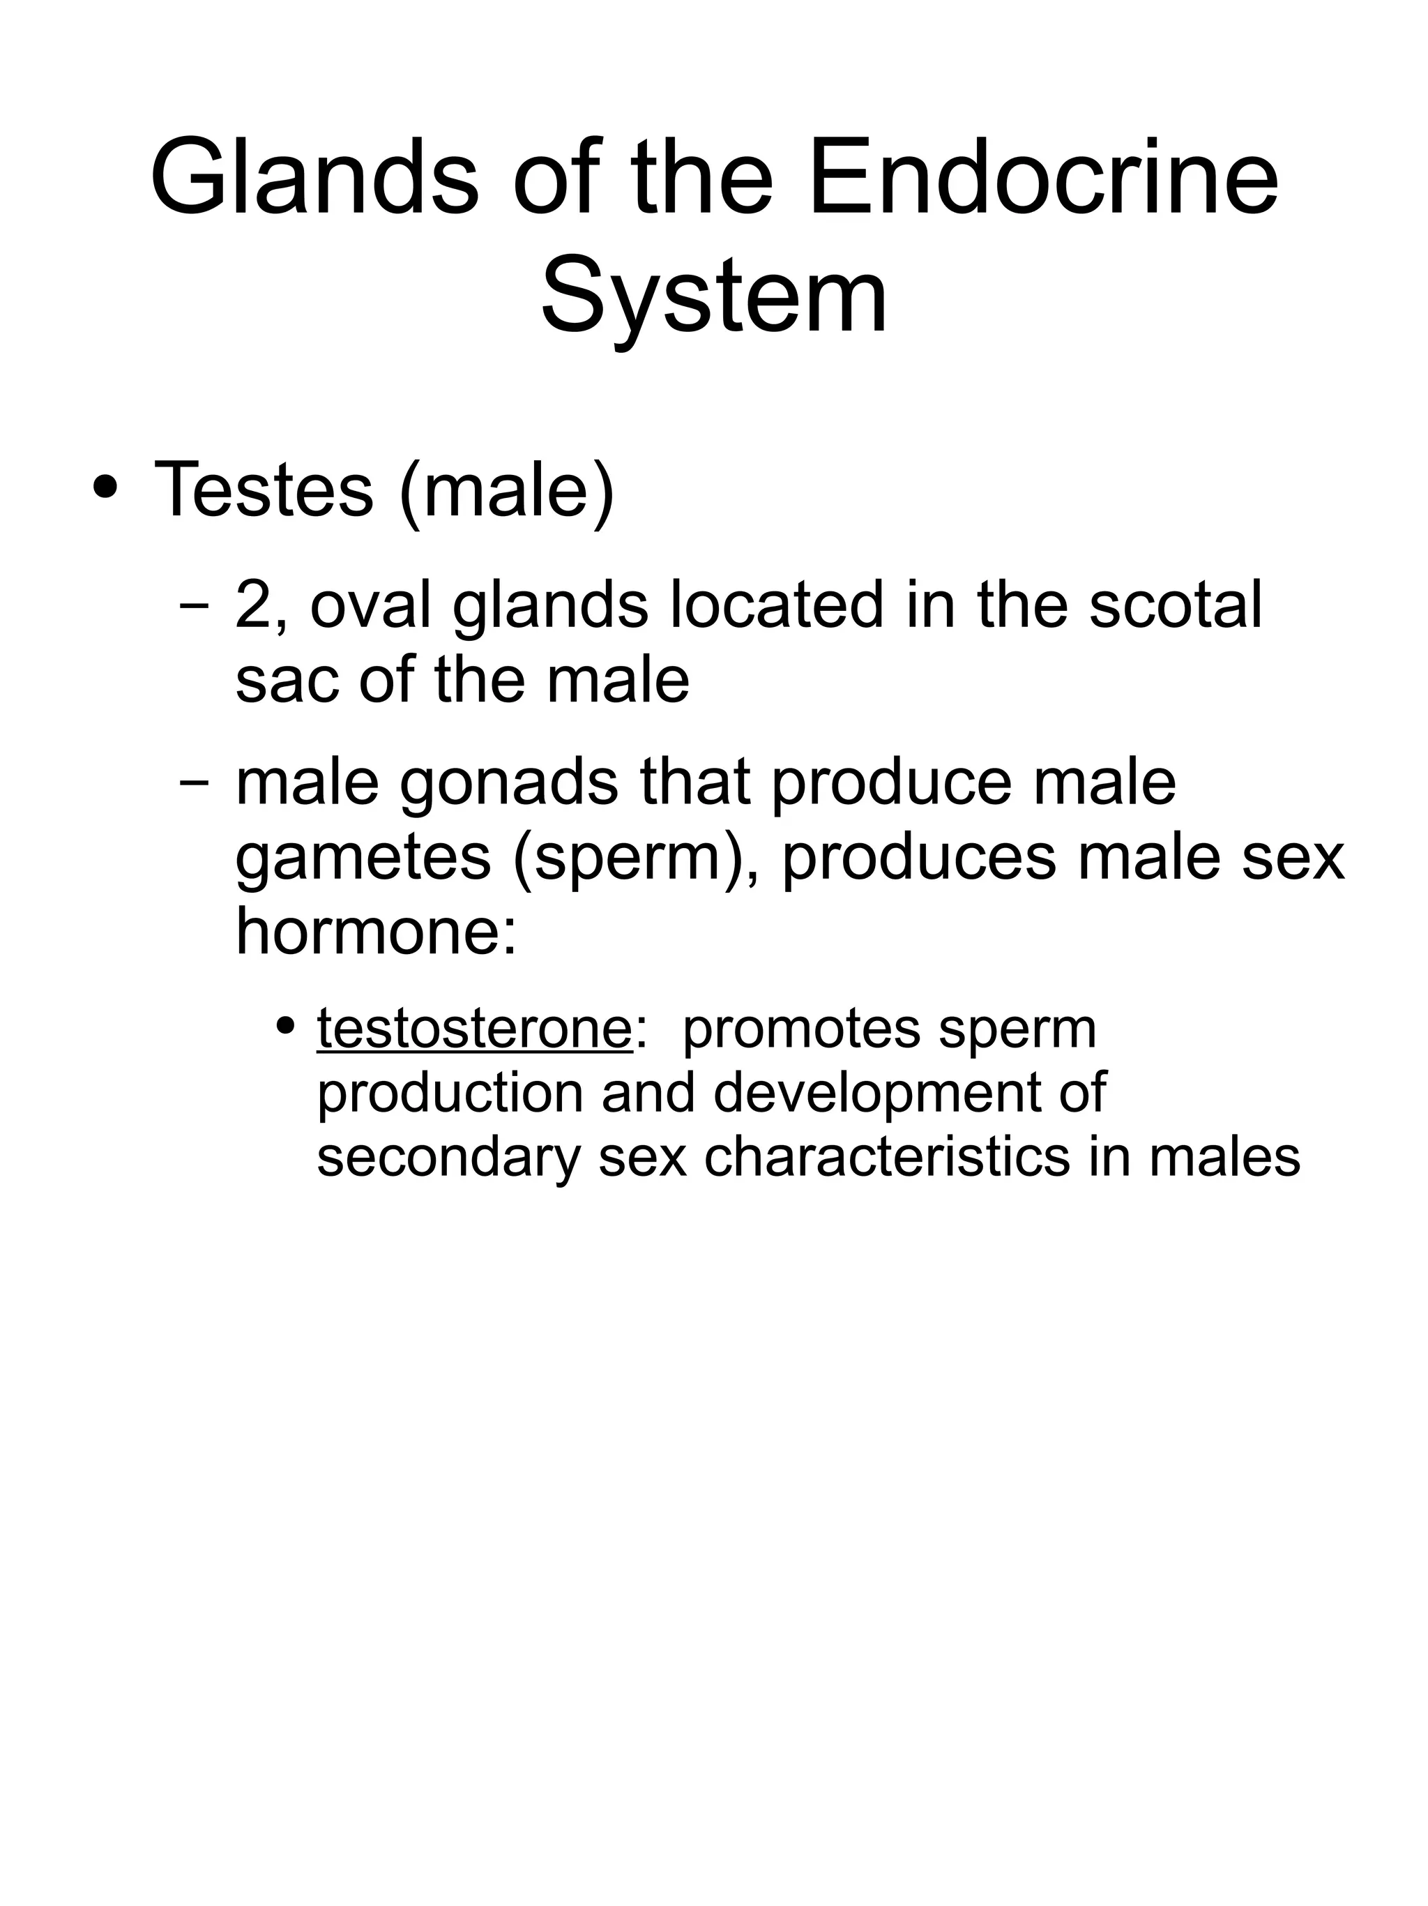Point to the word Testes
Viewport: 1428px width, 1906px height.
[x=263, y=490]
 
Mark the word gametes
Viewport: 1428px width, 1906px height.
[x=363, y=859]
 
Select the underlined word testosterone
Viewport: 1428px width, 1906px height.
[x=475, y=1028]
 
